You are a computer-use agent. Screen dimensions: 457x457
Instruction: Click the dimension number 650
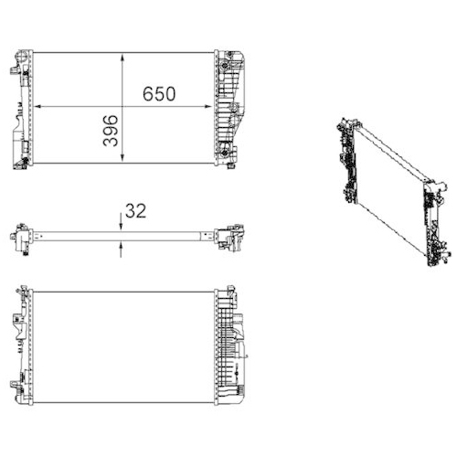tap(158, 94)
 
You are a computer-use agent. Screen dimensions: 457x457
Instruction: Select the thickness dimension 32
tap(135, 210)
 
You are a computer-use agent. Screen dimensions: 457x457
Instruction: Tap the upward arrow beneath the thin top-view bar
tap(120, 244)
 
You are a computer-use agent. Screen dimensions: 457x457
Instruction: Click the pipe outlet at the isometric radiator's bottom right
tap(429, 260)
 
